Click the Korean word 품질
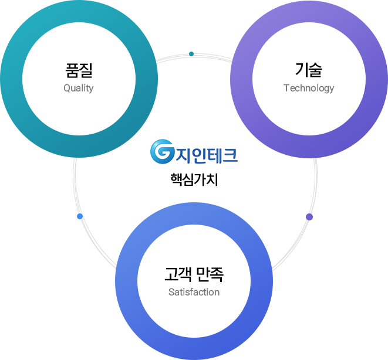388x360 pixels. point(79,71)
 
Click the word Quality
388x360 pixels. point(79,89)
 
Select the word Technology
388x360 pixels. point(309,88)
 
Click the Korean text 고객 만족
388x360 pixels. point(194,274)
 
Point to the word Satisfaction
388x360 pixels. point(194,292)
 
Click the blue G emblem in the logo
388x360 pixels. point(162,151)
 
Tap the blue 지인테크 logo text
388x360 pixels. point(206,152)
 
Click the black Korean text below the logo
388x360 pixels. point(194,179)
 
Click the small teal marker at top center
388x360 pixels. point(191,54)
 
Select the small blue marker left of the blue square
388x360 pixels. point(79,216)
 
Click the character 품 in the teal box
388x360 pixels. point(72,71)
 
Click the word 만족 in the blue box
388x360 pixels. point(210,274)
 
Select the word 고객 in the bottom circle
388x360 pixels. point(177,274)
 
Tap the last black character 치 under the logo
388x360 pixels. point(212,179)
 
